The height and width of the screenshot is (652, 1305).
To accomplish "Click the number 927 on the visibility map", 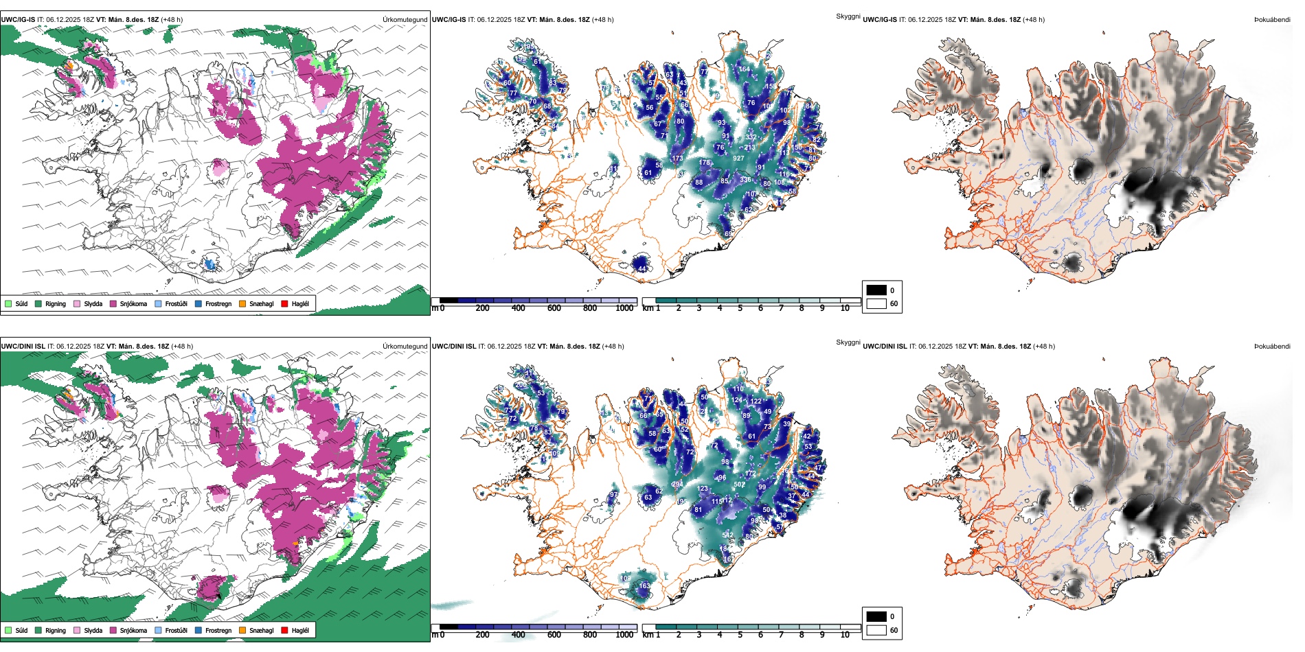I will (x=738, y=159).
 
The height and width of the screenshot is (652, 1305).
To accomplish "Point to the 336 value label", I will (x=745, y=180).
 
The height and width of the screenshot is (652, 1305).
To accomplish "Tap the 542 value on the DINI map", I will (x=728, y=535).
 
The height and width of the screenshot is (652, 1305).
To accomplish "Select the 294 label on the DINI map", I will (x=677, y=485).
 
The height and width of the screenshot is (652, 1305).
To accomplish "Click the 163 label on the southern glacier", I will (x=644, y=586).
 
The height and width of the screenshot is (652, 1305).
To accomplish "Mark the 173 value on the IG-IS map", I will (x=678, y=159).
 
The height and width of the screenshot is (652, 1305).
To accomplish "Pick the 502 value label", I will (x=739, y=485).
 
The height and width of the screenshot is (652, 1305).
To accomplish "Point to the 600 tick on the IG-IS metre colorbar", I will (x=554, y=308).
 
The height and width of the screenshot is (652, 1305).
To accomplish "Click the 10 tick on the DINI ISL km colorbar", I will (x=845, y=635).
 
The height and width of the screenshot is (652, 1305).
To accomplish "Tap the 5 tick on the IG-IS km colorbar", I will (x=740, y=308).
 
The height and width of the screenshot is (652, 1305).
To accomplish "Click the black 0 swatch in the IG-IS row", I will (x=876, y=290).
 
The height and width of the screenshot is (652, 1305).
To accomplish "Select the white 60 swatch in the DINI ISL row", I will (x=876, y=630).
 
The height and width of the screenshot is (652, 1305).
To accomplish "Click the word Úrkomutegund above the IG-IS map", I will (x=405, y=20).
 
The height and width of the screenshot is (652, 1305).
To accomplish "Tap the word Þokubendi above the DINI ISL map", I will (x=1272, y=347).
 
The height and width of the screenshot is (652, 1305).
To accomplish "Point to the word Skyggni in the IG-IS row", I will (x=848, y=16).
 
